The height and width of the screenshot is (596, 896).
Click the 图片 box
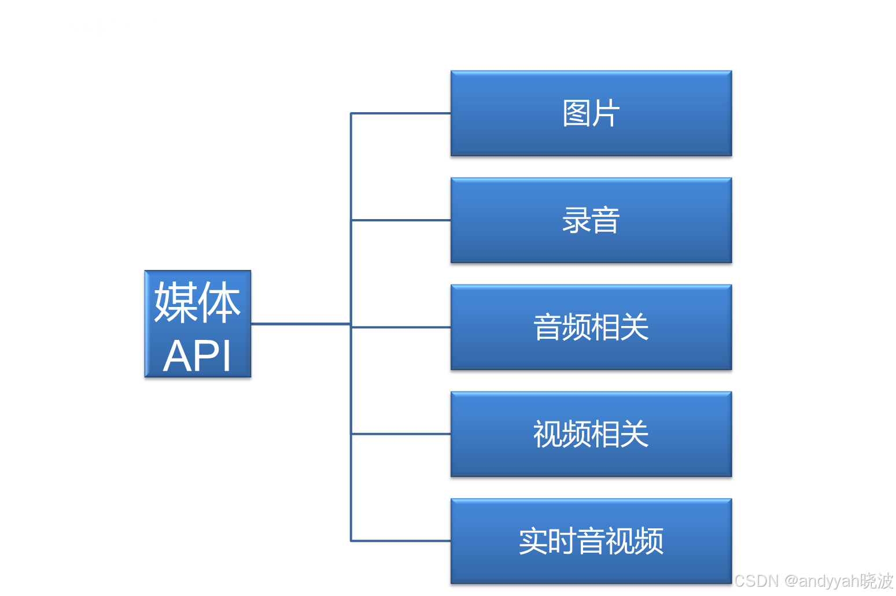[x=591, y=113]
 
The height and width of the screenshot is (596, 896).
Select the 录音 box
[x=591, y=220]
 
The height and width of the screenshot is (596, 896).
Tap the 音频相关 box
[x=591, y=327]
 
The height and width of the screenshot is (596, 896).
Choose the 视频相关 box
[x=591, y=434]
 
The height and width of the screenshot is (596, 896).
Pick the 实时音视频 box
[x=591, y=541]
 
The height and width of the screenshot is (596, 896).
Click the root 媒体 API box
[x=197, y=324]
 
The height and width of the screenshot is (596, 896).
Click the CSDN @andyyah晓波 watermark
[x=813, y=580]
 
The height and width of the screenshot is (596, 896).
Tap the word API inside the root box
[x=197, y=356]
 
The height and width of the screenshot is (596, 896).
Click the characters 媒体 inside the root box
[x=197, y=302]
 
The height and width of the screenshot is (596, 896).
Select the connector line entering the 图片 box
[x=400, y=113]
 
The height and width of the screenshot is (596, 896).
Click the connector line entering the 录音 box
[x=400, y=220]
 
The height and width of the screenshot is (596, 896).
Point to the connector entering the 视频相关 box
[x=400, y=434]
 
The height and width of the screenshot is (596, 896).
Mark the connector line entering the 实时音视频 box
[x=400, y=541]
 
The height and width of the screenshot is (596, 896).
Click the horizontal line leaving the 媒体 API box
[x=300, y=324]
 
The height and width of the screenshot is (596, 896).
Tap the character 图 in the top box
[x=576, y=113]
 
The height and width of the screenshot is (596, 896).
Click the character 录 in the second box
[x=576, y=220]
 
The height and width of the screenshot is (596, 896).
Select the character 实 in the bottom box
[x=533, y=541]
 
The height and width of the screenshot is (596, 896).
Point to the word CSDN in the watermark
[x=755, y=580]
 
